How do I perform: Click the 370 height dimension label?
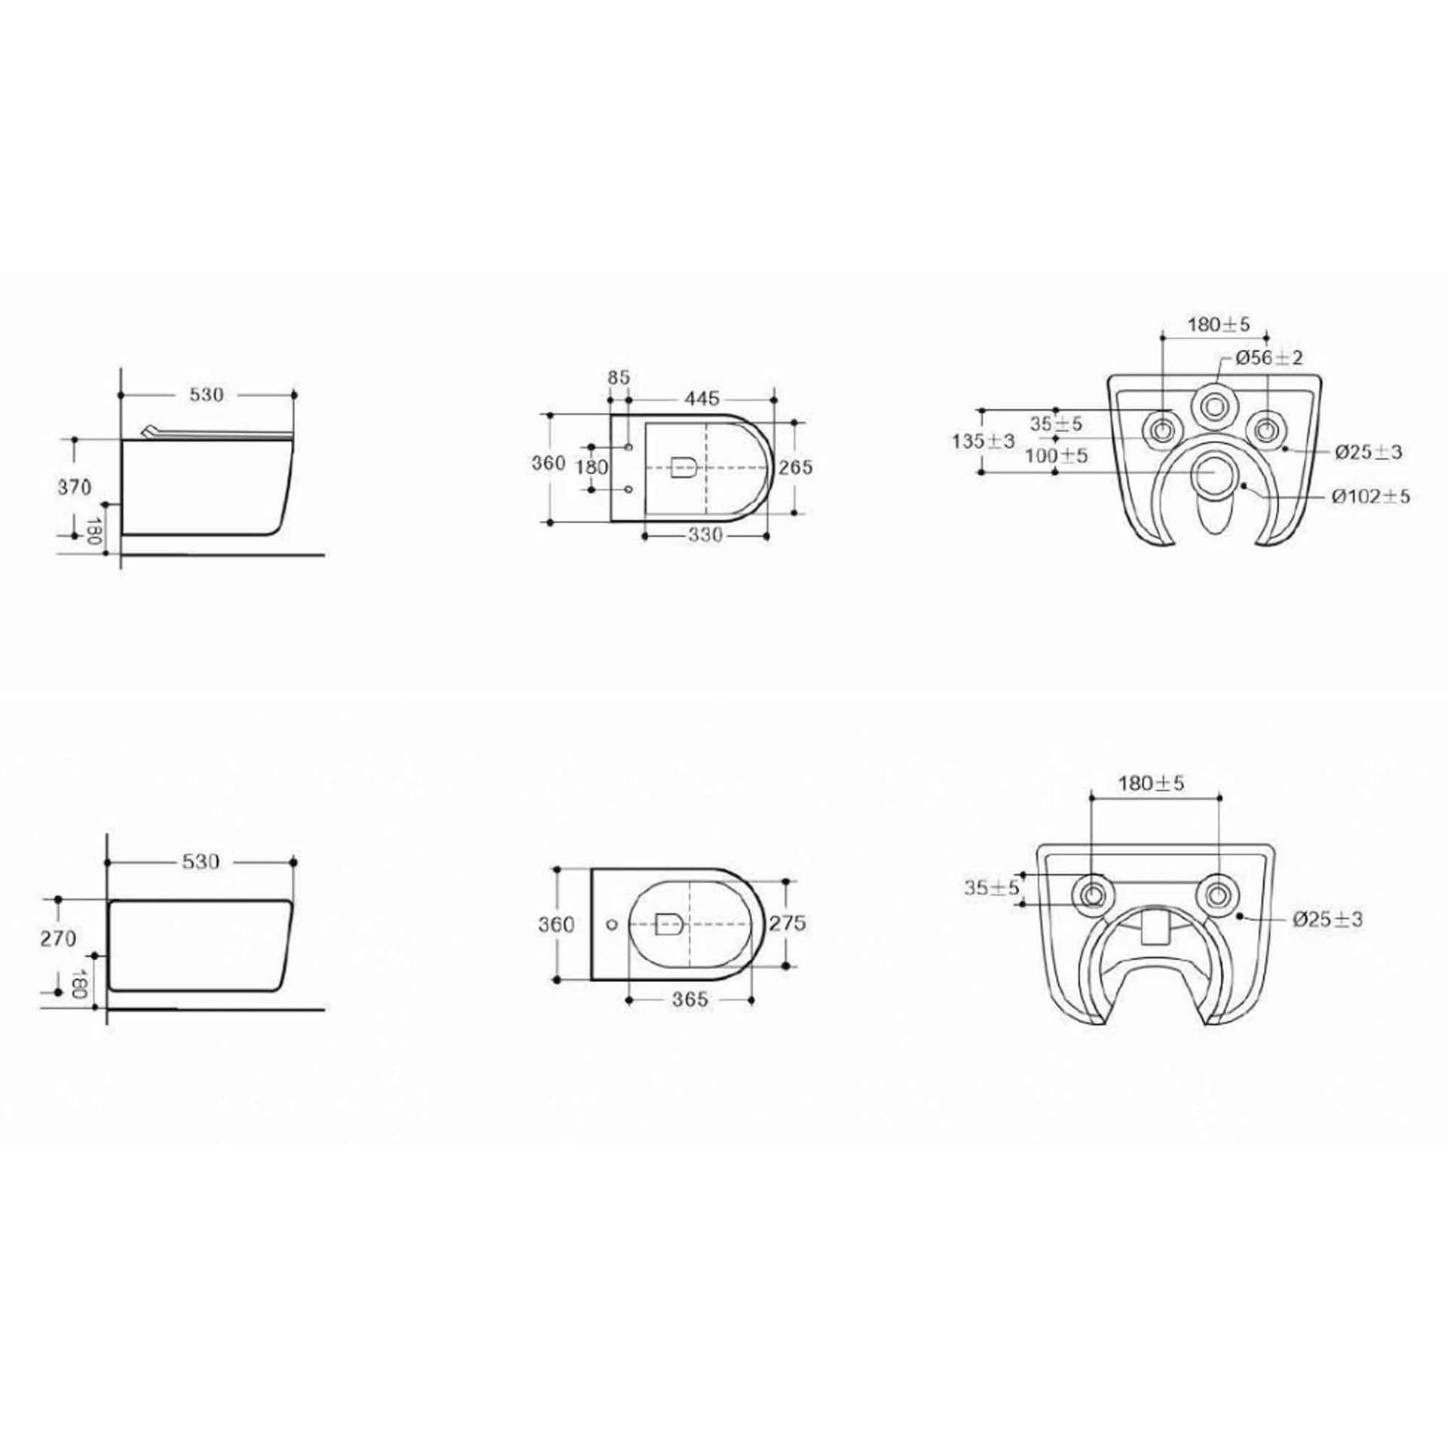coord(75,487)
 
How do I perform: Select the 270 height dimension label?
coord(59,938)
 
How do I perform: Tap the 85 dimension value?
coord(619,378)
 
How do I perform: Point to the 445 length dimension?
coord(702,397)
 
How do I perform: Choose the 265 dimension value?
coord(796,467)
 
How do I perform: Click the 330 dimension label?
coord(705,535)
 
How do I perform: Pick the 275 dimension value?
coord(788,922)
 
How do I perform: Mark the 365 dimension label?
coord(690,999)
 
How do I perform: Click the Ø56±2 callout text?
coord(1269,358)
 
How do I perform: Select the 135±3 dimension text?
coord(984,441)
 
